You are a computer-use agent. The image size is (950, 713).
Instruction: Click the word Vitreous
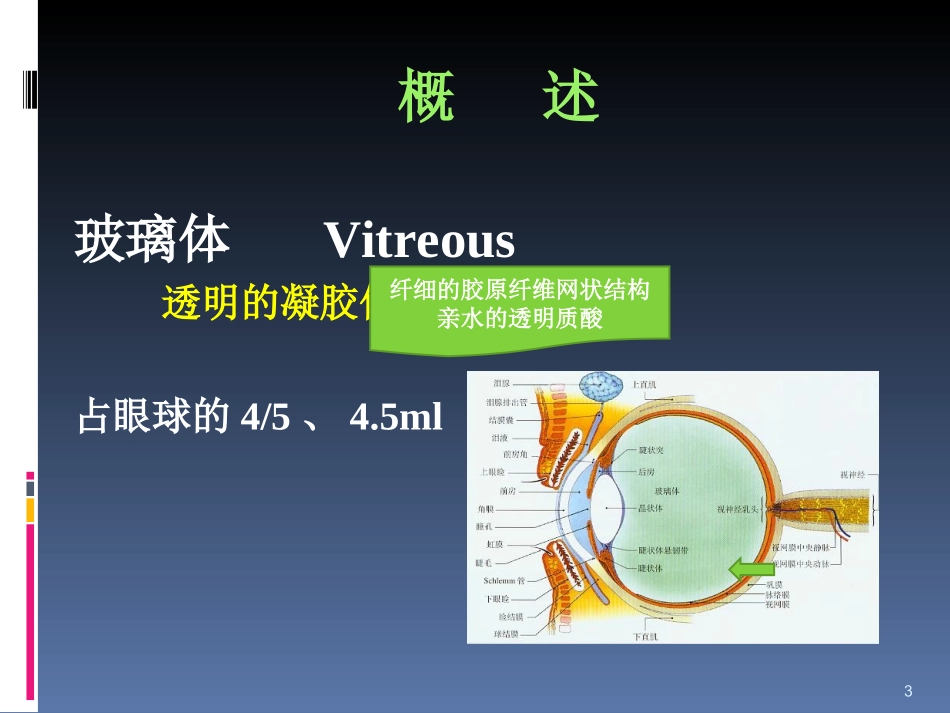point(419,242)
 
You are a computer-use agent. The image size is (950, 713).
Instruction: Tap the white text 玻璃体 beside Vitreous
point(153,241)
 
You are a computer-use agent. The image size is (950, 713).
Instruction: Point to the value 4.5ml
point(395,418)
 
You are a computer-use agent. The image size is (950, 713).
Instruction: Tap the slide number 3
point(907,691)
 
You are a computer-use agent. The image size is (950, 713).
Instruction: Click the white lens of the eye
point(606,507)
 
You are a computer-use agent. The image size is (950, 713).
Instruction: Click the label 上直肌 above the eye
point(644,384)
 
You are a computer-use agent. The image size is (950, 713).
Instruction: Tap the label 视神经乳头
point(739,508)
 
